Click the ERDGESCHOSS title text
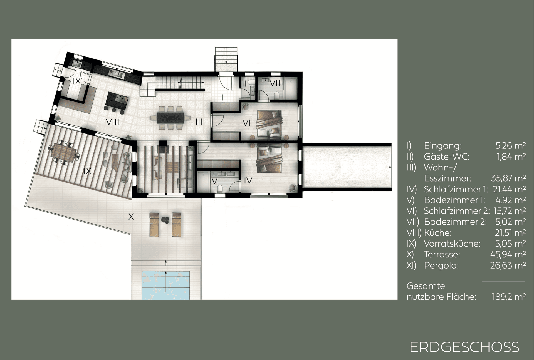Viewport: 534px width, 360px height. coord(464,347)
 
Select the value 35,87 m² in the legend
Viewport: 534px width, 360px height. coord(508,178)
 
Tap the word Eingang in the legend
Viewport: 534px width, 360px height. coord(442,146)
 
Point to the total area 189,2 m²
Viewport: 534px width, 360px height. coord(509,297)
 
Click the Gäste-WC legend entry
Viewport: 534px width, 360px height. coord(446,157)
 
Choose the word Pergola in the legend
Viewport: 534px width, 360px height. coord(441,265)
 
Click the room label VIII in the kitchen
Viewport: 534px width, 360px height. coord(113,122)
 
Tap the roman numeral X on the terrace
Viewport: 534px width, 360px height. coord(131,217)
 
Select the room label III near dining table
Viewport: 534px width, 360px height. coord(199,122)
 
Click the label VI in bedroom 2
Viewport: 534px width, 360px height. coord(246,123)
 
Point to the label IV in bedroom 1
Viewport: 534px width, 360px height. coord(248,180)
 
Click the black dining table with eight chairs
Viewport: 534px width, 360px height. coord(170,118)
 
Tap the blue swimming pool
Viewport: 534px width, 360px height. coord(166,285)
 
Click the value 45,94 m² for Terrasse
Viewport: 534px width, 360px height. coord(508,254)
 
